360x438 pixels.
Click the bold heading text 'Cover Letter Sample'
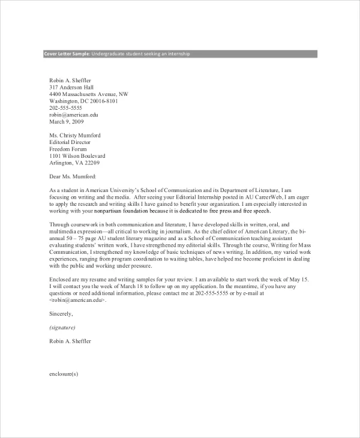(66, 54)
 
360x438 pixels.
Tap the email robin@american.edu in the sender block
(74, 114)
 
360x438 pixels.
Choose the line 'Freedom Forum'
(68, 149)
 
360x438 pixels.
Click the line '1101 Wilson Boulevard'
(77, 156)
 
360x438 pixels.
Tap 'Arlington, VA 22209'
(74, 163)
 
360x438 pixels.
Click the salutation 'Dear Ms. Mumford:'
(72, 176)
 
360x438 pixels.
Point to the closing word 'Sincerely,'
(61, 313)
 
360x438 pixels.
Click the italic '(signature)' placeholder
(62, 328)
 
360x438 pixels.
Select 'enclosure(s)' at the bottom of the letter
(64, 374)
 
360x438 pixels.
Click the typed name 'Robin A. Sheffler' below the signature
(70, 341)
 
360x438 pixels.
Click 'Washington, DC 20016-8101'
(83, 101)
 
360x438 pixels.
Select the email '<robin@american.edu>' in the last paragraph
(77, 300)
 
